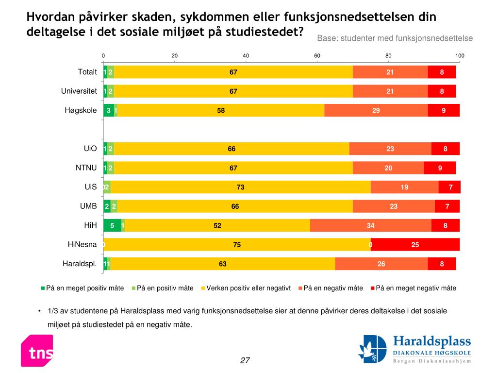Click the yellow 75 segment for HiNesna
(x=237, y=245)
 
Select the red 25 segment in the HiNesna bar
(x=415, y=245)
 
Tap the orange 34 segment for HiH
(x=371, y=225)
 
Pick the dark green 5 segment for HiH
(x=112, y=225)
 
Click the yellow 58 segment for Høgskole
(x=221, y=110)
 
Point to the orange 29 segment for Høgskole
(x=376, y=110)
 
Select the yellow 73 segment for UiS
(x=240, y=187)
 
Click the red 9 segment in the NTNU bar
(x=440, y=168)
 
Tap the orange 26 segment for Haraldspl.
(x=381, y=264)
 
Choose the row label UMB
(x=88, y=206)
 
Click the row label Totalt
(x=87, y=72)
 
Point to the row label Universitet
(x=79, y=91)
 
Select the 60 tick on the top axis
(x=317, y=56)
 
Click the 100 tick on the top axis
(x=460, y=56)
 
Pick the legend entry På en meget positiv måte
(x=82, y=288)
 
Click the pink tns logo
(x=37, y=351)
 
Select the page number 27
(x=245, y=360)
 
